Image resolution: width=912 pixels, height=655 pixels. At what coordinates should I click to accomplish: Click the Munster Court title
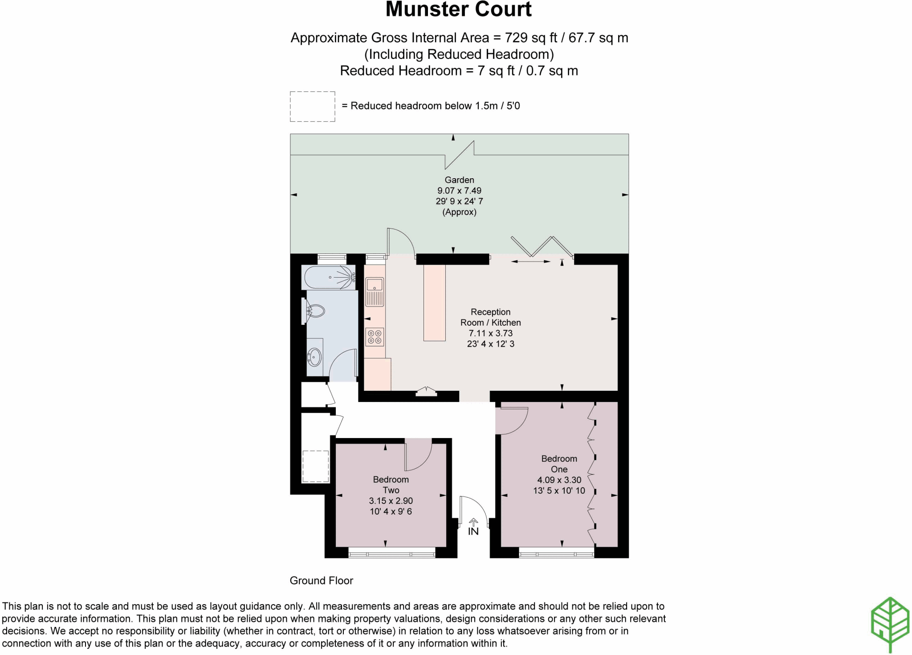(458, 10)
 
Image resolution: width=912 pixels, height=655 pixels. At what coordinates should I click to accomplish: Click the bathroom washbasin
(315, 357)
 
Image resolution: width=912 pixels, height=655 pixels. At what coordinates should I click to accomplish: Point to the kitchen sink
(375, 285)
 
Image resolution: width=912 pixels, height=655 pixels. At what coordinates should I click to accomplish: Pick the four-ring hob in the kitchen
(375, 337)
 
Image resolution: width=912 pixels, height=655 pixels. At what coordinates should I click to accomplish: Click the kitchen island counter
(434, 303)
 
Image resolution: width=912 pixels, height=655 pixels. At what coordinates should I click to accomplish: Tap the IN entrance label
(473, 531)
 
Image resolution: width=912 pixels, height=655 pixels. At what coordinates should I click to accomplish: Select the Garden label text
(459, 180)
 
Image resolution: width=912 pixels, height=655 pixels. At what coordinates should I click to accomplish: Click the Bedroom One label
(559, 464)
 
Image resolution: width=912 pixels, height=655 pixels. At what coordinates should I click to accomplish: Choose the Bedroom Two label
(391, 485)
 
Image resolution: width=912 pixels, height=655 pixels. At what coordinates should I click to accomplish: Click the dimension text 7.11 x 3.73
(490, 333)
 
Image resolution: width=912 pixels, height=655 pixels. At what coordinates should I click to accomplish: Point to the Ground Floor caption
(321, 581)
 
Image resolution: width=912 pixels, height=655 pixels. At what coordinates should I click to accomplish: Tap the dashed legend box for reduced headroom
(312, 106)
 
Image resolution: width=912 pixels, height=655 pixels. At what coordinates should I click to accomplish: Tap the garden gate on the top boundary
(460, 155)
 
